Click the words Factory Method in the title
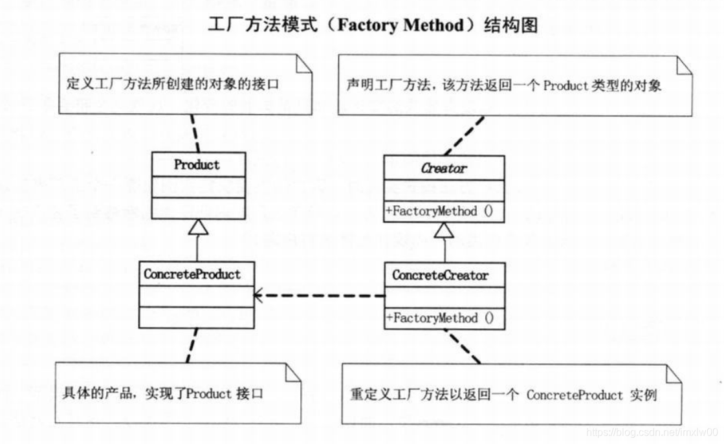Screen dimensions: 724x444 pos(400,25)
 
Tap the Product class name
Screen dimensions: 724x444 pos(197,164)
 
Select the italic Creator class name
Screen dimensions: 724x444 pos(444,168)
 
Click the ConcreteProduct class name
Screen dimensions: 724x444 pos(192,274)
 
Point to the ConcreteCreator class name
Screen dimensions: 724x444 pos(440,275)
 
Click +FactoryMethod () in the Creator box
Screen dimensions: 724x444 pos(439,211)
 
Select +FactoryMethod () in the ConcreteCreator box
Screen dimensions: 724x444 pos(440,318)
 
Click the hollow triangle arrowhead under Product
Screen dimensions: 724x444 pos(198,227)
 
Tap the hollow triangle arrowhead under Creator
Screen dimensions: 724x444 pos(444,230)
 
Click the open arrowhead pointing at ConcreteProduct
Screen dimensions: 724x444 pos(258,295)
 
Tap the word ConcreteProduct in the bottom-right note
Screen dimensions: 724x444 pos(575,395)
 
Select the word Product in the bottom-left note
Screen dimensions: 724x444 pos(209,394)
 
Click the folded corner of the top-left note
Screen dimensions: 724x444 pos(303,64)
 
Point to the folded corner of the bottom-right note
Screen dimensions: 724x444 pos(674,373)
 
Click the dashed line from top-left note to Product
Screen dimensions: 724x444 pos(195,133)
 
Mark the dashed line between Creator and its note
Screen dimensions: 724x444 pos(464,136)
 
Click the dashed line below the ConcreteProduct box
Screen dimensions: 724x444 pos(192,346)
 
